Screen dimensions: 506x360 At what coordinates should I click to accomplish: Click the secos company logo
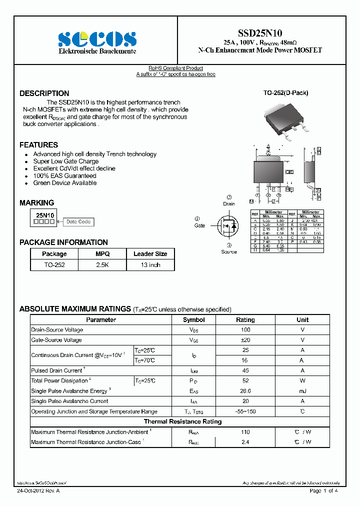click(x=97, y=39)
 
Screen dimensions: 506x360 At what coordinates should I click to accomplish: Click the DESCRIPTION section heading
click(x=44, y=93)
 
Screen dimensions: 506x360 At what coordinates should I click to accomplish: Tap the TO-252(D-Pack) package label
click(x=285, y=93)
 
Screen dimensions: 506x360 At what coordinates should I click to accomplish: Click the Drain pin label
click(x=229, y=204)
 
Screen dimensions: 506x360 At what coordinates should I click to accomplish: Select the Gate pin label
click(x=199, y=225)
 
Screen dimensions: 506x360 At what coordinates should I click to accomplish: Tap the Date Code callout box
click(x=78, y=221)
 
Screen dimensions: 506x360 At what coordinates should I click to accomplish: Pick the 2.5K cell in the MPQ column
click(x=102, y=265)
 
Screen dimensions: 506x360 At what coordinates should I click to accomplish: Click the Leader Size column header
click(x=150, y=254)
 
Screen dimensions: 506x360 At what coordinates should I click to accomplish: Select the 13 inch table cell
click(x=150, y=265)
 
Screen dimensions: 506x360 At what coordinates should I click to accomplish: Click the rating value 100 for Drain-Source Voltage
click(x=245, y=330)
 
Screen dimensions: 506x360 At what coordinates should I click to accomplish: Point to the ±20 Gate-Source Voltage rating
click(x=245, y=340)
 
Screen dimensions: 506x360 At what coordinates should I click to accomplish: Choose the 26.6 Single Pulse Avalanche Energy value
click(x=245, y=391)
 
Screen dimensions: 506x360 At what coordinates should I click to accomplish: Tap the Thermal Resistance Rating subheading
click(x=182, y=421)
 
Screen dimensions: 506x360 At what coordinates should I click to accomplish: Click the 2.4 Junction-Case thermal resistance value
click(x=245, y=442)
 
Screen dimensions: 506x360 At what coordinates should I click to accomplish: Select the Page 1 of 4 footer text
click(x=324, y=491)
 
